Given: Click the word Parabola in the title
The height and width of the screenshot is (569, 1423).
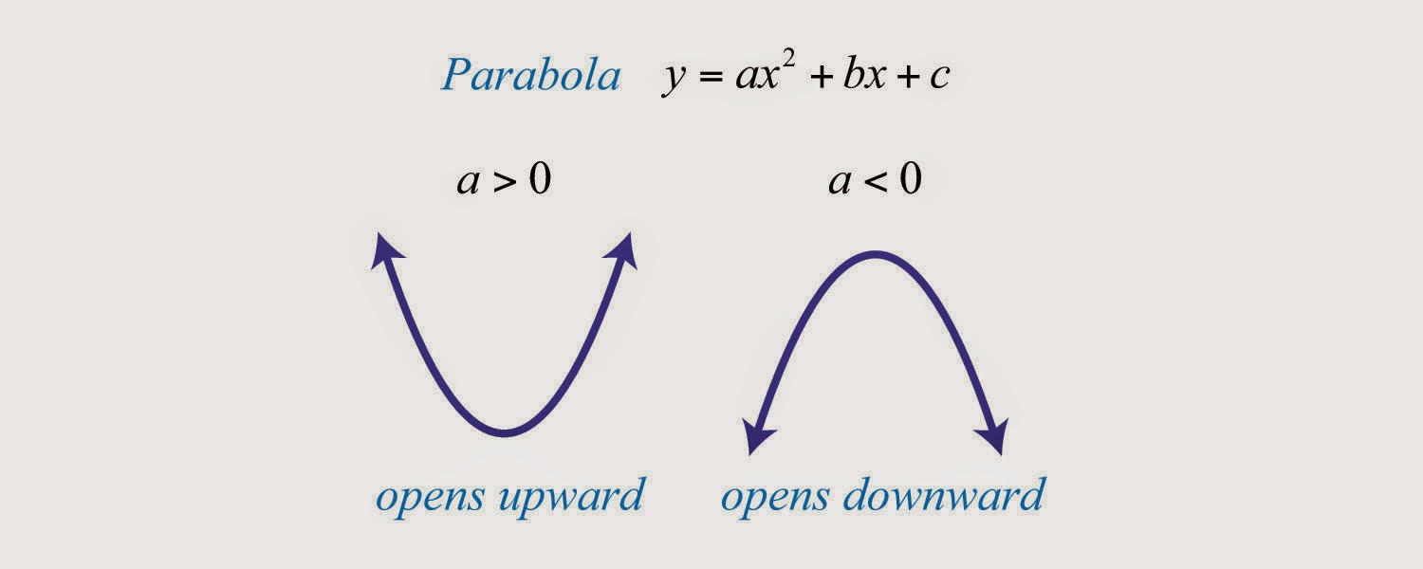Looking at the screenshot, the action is click(530, 76).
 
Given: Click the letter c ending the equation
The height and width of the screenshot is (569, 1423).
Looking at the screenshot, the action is click(938, 79).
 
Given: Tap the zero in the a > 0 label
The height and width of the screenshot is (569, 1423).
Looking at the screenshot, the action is click(539, 178).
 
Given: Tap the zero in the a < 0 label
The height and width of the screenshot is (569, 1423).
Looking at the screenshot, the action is click(910, 178).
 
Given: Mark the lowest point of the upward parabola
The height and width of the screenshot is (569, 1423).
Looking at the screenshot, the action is click(506, 433).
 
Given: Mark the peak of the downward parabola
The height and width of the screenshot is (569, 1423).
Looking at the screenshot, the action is click(875, 253).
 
